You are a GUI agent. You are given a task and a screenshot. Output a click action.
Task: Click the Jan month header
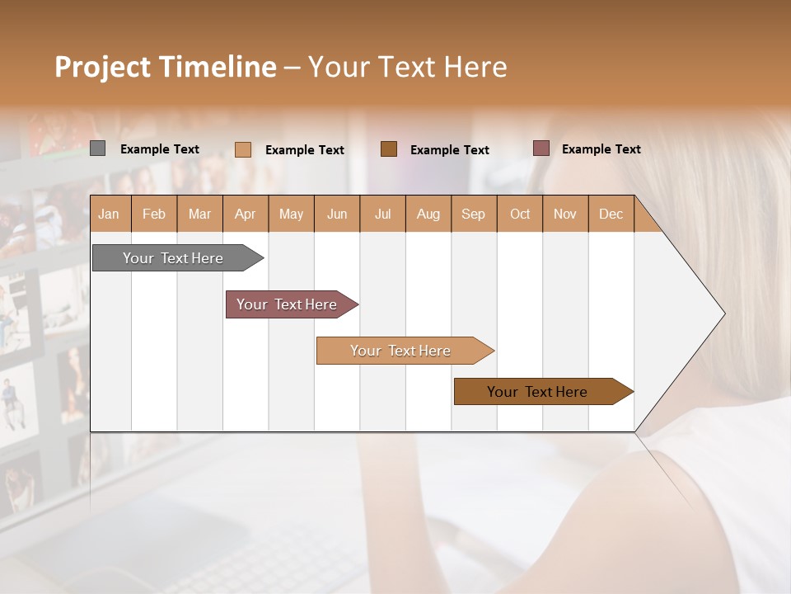point(109,214)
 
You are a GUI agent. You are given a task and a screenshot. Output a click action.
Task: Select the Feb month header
point(154,214)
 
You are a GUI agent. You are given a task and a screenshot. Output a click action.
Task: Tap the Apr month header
point(245,214)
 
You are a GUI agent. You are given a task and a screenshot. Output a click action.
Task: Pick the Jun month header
point(337,214)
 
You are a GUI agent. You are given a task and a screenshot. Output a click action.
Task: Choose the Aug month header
point(428,214)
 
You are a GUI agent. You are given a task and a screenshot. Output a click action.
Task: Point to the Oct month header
point(520,214)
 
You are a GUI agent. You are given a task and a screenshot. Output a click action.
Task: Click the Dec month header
point(611,214)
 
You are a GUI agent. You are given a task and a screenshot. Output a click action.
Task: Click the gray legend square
point(98,148)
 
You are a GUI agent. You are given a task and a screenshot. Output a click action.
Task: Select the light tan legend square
point(243,149)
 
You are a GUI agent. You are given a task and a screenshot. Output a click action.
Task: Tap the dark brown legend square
point(389,148)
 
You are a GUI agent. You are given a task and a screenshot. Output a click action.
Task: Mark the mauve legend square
point(541,148)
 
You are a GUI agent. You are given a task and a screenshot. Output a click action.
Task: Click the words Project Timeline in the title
point(166,67)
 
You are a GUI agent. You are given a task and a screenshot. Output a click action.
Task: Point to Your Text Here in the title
point(408,67)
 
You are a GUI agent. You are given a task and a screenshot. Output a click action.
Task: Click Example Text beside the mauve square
point(601,149)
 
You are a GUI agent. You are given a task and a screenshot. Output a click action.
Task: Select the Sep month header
point(473,214)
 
